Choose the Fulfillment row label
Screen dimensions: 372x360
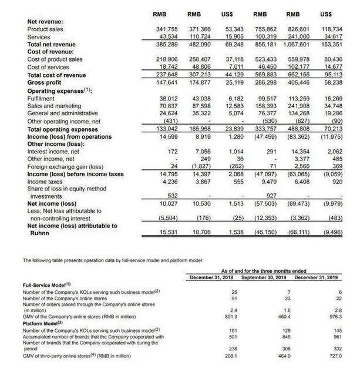coord(43,98)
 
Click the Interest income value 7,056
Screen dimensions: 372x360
coord(202,152)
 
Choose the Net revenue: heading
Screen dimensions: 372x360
coord(45,22)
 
